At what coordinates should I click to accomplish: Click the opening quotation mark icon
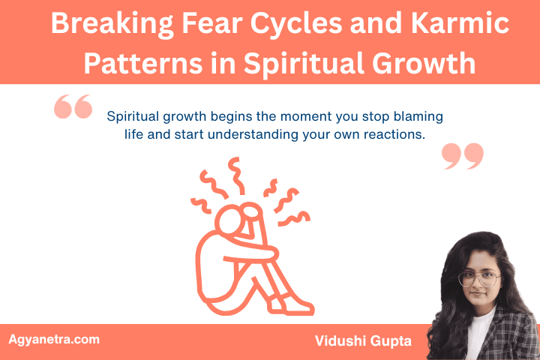click(x=73, y=108)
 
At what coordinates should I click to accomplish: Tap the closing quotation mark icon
click(x=462, y=155)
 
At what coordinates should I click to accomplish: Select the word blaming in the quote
click(x=418, y=117)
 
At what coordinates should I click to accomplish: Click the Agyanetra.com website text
click(x=53, y=339)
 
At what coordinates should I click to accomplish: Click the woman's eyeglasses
click(x=477, y=278)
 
